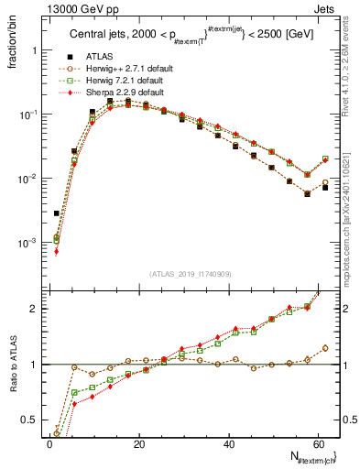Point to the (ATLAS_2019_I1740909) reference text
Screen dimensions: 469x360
coord(191,274)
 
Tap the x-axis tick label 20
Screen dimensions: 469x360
coord(138,444)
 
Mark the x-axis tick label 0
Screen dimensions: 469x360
coord(49,444)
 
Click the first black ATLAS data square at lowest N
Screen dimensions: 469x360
coord(56,213)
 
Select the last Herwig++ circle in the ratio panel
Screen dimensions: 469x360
coord(325,348)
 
